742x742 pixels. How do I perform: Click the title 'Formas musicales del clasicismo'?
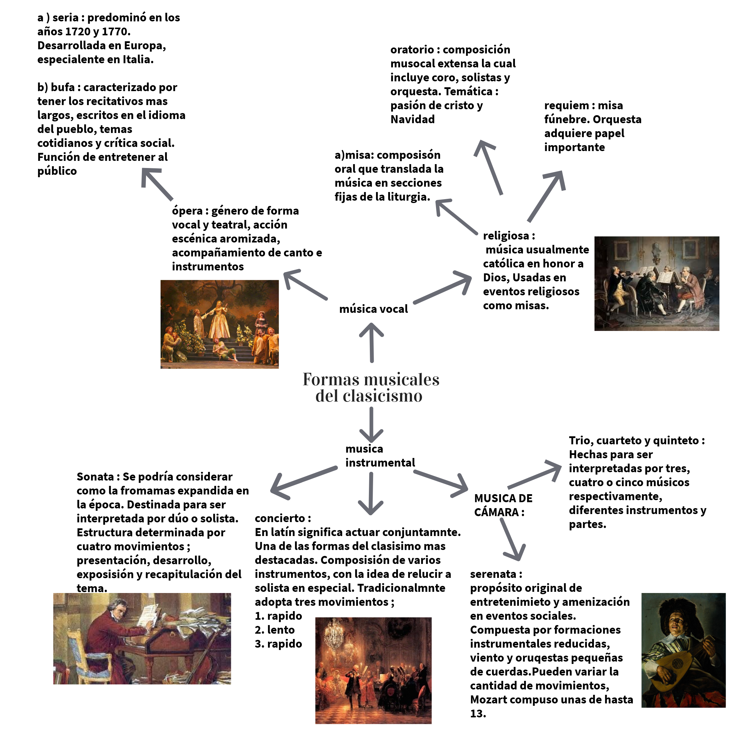[371, 388]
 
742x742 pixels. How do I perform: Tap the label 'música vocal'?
[373, 309]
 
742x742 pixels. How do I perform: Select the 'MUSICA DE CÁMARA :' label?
[503, 505]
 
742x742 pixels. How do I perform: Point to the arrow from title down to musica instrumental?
[371, 424]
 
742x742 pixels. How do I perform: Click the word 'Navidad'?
[413, 119]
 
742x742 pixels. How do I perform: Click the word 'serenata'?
[493, 574]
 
